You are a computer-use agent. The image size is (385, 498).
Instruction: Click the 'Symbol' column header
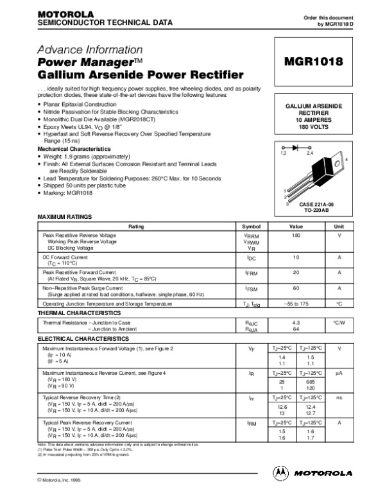point(251,227)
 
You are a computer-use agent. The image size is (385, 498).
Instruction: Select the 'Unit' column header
point(339,227)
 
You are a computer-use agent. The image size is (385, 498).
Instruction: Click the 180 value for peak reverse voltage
point(296,237)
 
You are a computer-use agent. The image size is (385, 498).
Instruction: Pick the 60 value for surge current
point(296,288)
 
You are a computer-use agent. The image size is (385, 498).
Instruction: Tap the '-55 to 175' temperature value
point(296,303)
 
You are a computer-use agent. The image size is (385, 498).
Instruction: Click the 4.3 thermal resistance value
point(296,322)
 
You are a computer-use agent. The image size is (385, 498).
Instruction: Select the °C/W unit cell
point(339,322)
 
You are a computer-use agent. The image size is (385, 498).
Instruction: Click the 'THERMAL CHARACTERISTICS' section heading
point(79,313)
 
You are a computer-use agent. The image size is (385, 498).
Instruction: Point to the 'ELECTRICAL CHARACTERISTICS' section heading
point(83,338)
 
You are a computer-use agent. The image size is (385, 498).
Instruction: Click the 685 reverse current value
point(311,381)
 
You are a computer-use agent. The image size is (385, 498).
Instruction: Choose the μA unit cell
point(339,372)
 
